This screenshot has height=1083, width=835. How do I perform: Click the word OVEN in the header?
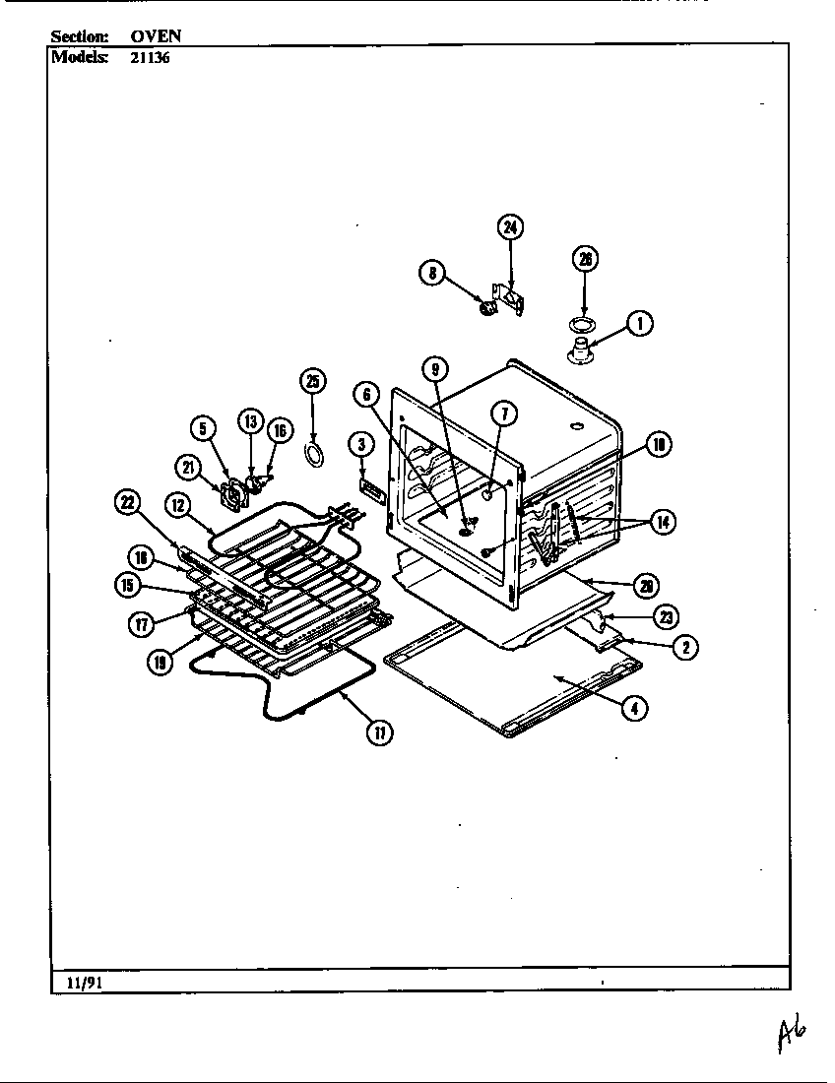156,36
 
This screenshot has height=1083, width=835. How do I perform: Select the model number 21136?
150,56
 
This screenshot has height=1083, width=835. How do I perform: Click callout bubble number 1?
640,323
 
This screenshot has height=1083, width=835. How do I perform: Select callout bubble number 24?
509,228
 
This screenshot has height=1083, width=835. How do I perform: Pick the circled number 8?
432,273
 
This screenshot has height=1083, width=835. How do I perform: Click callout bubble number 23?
668,617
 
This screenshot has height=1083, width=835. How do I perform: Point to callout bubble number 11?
378,733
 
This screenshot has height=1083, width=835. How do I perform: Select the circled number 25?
312,382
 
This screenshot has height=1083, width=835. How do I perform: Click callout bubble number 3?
361,445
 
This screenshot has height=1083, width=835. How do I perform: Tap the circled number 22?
128,503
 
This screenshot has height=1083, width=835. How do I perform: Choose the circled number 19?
160,662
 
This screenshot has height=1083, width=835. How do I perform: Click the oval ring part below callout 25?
313,452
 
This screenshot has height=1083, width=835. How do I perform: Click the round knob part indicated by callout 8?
484,309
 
